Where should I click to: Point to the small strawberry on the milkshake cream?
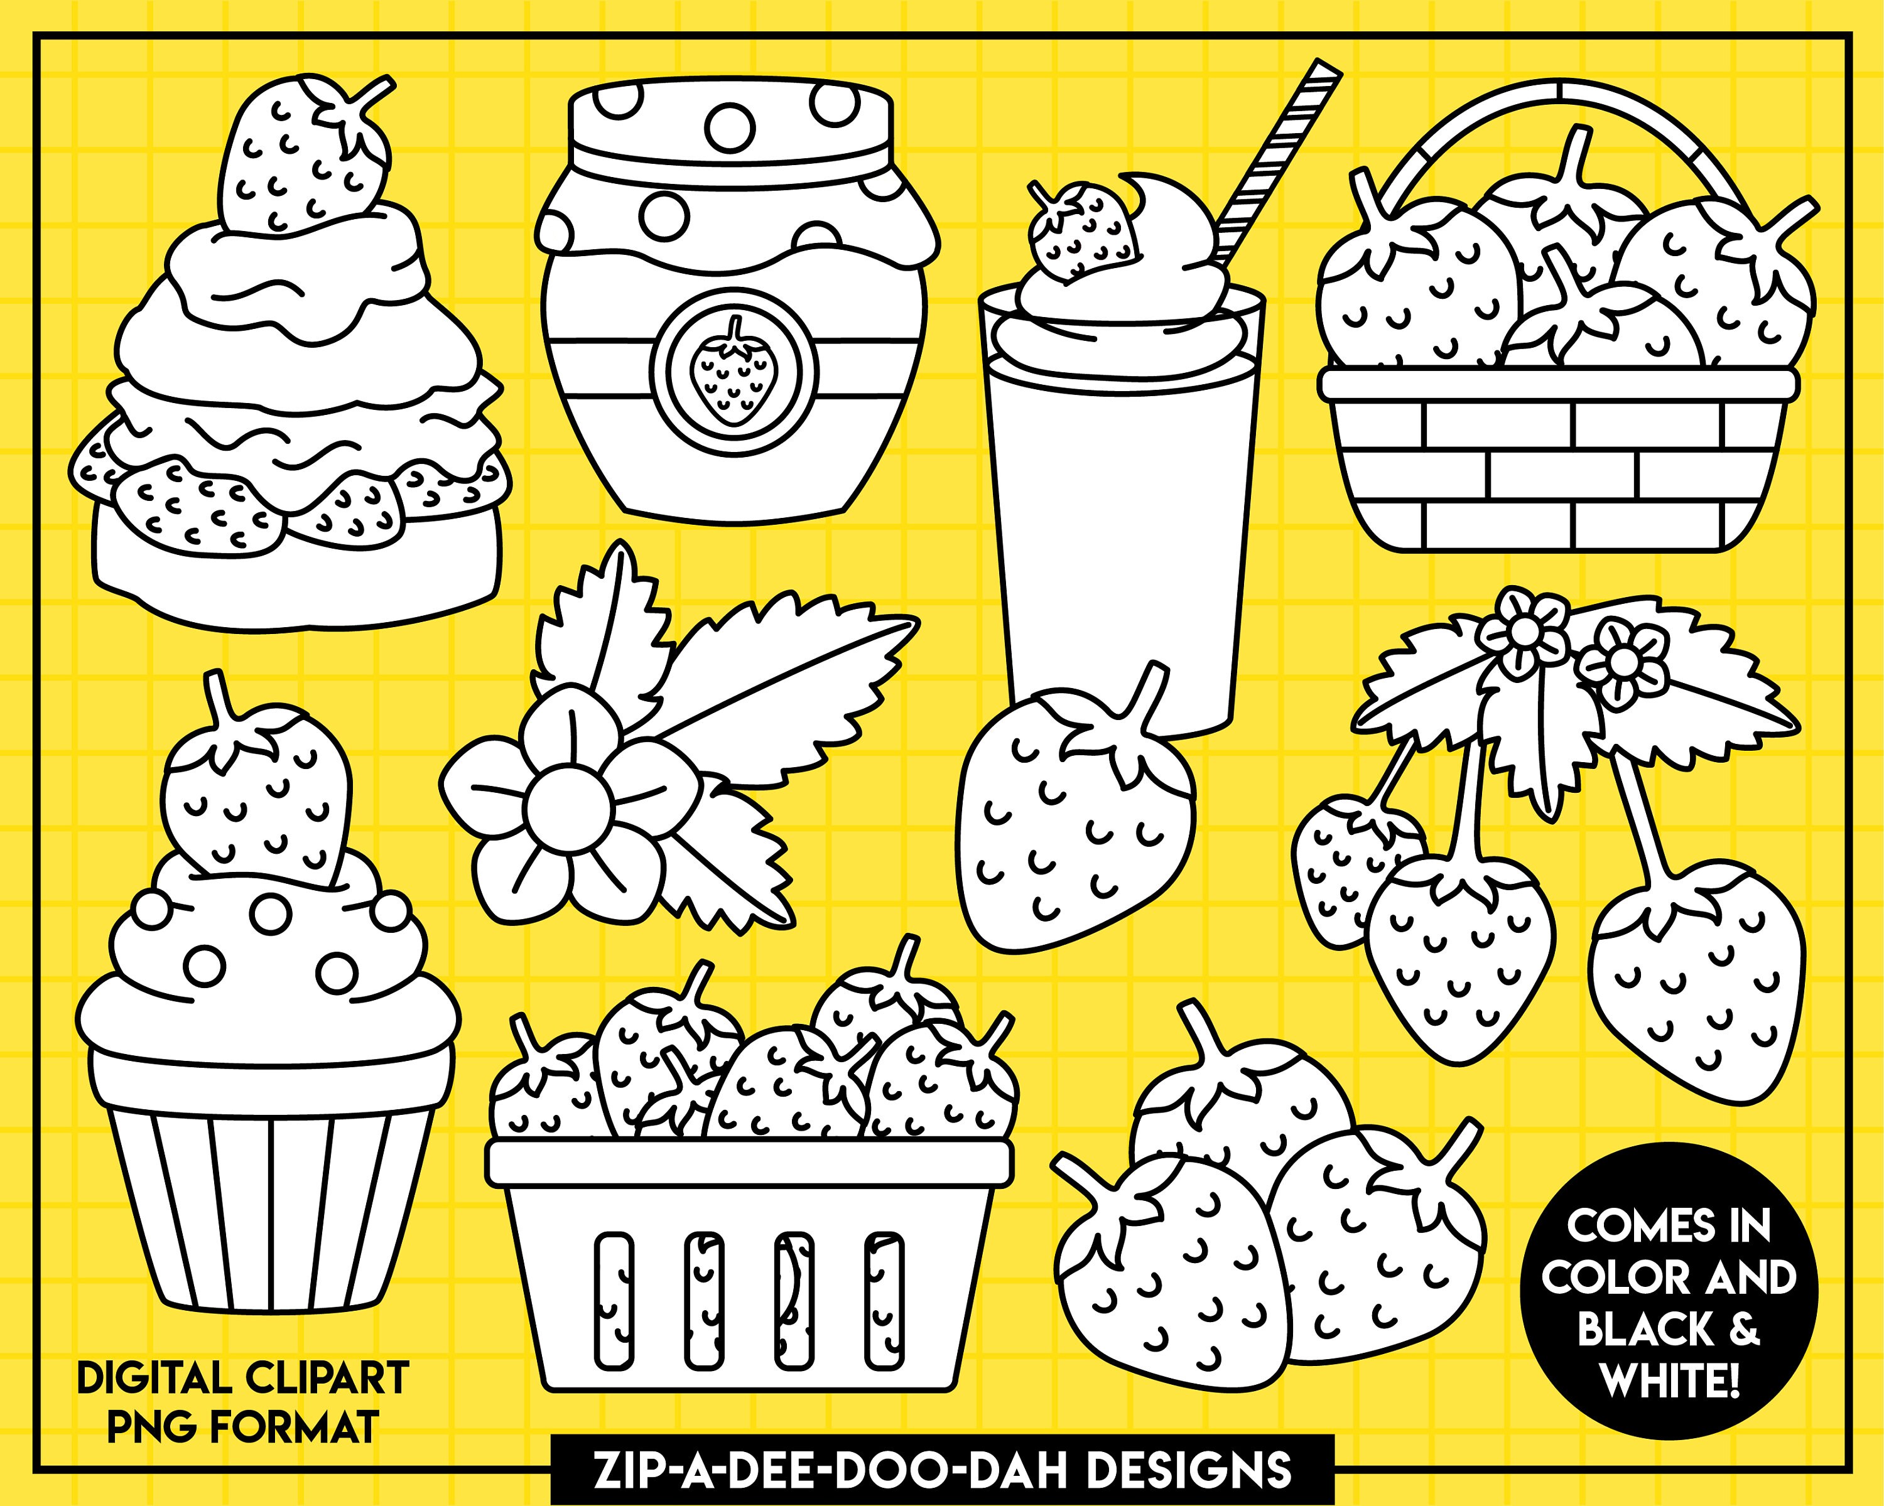pyautogui.click(x=1083, y=232)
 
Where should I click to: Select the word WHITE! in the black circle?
pyautogui.click(x=1670, y=1382)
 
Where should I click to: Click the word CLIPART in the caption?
pyautogui.click(x=327, y=1379)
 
